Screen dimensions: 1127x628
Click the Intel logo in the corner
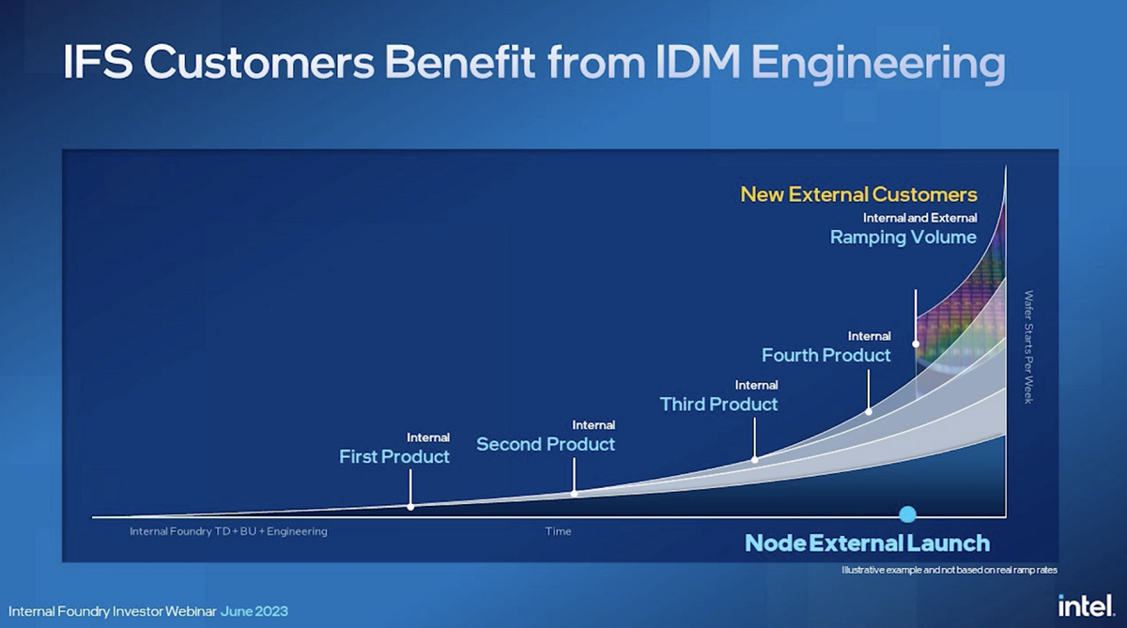[1087, 605]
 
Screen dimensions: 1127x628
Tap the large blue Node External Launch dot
[907, 514]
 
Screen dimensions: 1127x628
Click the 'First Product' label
[394, 456]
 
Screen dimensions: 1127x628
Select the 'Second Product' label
[546, 444]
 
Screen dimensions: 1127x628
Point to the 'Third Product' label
[718, 405]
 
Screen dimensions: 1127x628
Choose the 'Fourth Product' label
[826, 356]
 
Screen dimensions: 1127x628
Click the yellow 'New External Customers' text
[858, 194]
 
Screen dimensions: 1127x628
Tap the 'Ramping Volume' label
[903, 237]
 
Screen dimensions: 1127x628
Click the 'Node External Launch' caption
[867, 543]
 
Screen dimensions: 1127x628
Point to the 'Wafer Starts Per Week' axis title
[1029, 347]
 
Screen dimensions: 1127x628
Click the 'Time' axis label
[558, 531]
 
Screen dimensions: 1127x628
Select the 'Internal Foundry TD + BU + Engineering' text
[228, 531]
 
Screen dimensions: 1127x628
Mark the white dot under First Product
[410, 507]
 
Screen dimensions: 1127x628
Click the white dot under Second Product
[574, 493]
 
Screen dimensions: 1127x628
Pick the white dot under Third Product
[755, 460]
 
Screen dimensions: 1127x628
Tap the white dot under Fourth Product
[869, 412]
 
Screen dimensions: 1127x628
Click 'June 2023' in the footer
[255, 611]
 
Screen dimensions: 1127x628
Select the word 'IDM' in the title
[698, 63]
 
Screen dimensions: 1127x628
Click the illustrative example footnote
[949, 570]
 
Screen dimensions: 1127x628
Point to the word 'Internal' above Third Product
[756, 385]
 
